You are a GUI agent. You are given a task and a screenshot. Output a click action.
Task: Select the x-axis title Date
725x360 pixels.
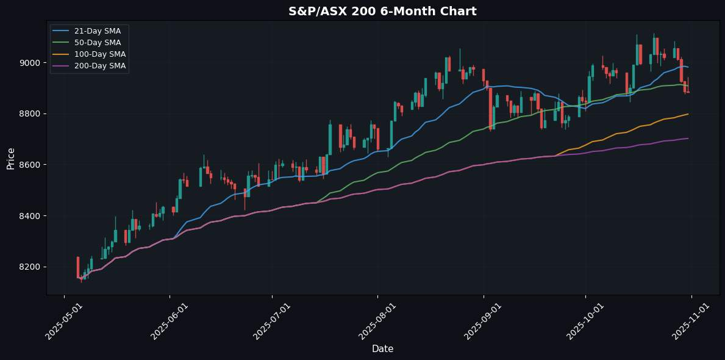coord(382,349)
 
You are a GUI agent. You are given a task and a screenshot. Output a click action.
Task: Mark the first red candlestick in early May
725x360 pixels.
coord(78,267)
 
